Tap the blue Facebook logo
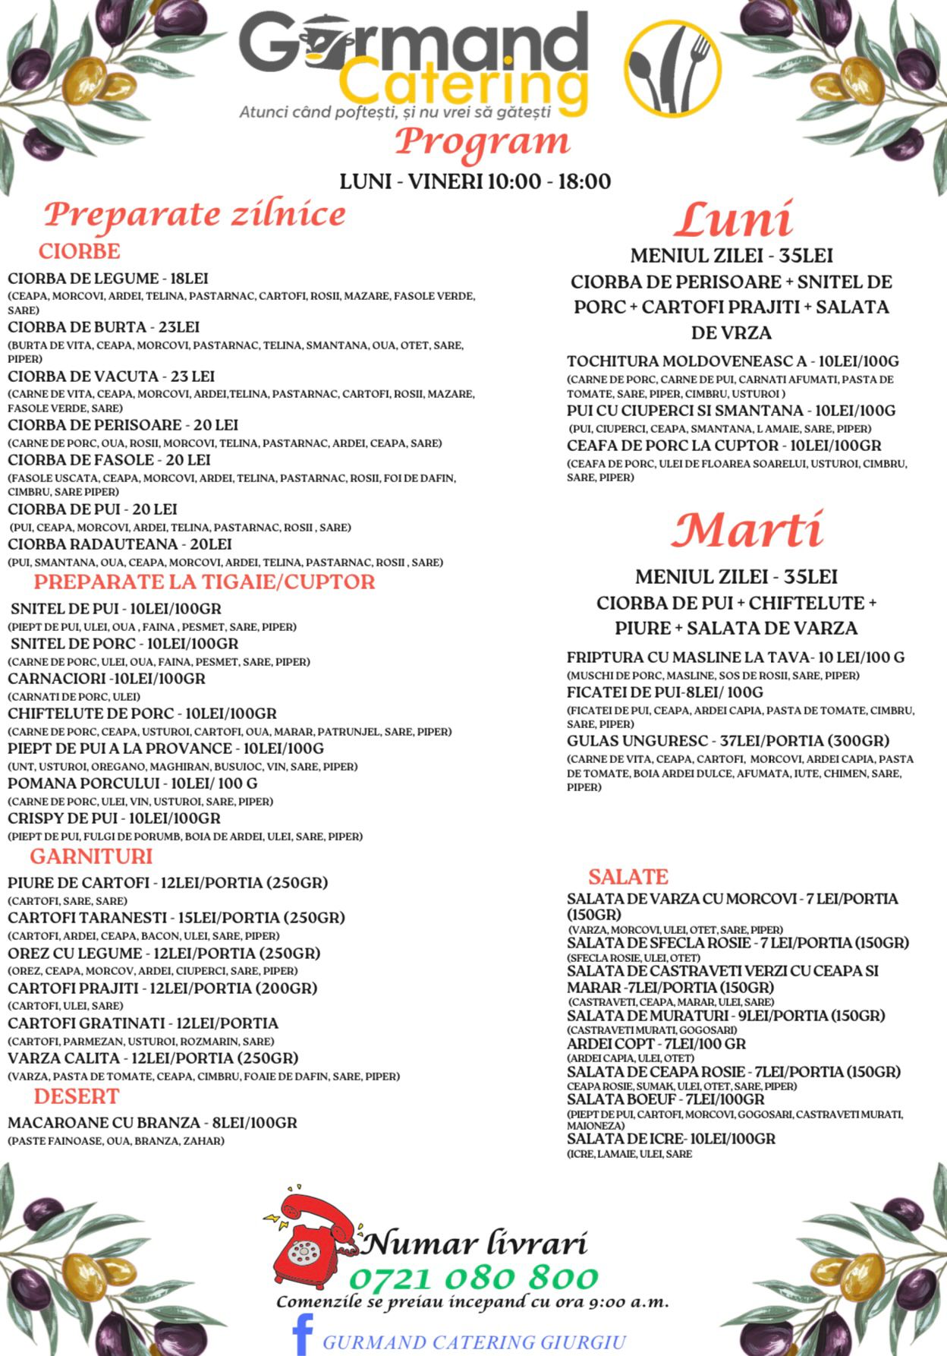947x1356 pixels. pyautogui.click(x=303, y=1335)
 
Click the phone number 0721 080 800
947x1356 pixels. pyautogui.click(x=473, y=1278)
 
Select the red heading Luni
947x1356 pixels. pyautogui.click(x=733, y=220)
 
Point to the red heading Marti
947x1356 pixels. pyautogui.click(x=747, y=530)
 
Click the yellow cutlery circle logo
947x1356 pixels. pyautogui.click(x=672, y=70)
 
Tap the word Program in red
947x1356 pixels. pyautogui.click(x=482, y=142)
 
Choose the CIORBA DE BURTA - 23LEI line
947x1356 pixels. pyautogui.click(x=104, y=327)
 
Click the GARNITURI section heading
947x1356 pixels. pyautogui.click(x=91, y=856)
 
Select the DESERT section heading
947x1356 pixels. pyautogui.click(x=77, y=1096)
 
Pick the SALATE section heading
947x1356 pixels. pyautogui.click(x=628, y=877)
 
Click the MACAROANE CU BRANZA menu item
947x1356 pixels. pyautogui.click(x=153, y=1123)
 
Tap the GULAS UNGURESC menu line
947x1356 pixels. pyautogui.click(x=728, y=741)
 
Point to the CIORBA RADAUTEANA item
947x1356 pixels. pyautogui.click(x=120, y=544)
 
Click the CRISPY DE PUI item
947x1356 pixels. pyautogui.click(x=114, y=818)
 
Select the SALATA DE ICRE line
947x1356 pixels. pyautogui.click(x=671, y=1139)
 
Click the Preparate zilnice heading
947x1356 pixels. pyautogui.click(x=194, y=215)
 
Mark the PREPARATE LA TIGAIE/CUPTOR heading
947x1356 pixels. pyautogui.click(x=204, y=582)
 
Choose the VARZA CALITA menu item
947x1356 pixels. pyautogui.click(x=153, y=1058)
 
